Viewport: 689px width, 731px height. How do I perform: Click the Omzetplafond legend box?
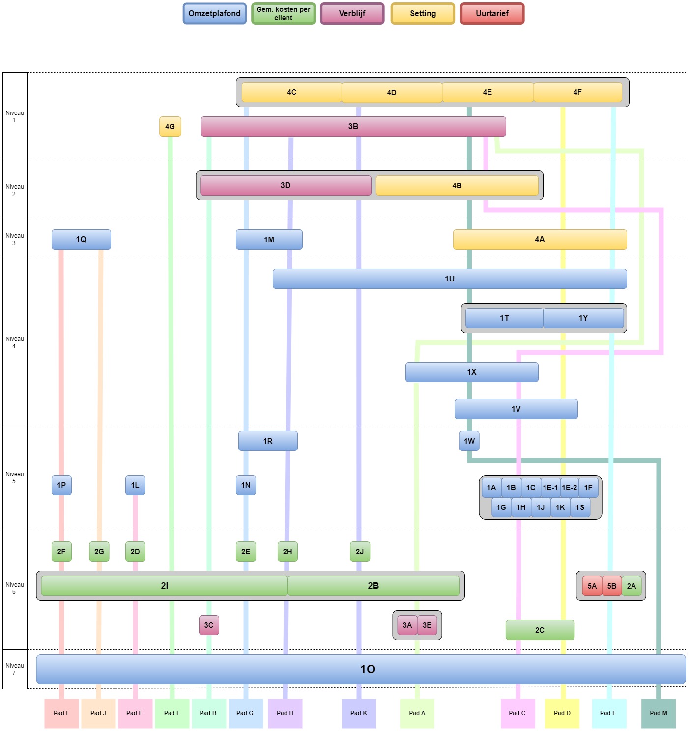[214, 13]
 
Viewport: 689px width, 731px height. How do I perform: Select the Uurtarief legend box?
[492, 13]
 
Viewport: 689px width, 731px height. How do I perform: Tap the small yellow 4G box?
[170, 126]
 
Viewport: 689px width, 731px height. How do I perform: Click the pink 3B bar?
[353, 126]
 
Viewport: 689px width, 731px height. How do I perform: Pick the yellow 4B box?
[457, 185]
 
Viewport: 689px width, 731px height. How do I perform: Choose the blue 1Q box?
[81, 239]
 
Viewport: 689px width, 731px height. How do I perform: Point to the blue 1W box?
[469, 441]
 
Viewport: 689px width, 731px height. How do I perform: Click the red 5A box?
[592, 586]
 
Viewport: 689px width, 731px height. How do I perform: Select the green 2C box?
[540, 630]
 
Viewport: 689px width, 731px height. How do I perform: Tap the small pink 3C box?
[209, 625]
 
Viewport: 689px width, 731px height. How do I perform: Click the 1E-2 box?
[569, 487]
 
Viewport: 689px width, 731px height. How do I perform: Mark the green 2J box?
[360, 551]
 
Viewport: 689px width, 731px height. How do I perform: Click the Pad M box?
[658, 713]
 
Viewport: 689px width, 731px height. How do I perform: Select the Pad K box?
[359, 713]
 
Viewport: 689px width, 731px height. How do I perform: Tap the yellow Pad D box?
[562, 713]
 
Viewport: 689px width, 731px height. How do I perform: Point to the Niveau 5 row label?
[14, 477]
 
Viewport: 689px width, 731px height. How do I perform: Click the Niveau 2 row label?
[14, 190]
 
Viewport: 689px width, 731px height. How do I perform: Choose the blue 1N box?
[246, 485]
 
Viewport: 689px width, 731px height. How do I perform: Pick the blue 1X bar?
[471, 372]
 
